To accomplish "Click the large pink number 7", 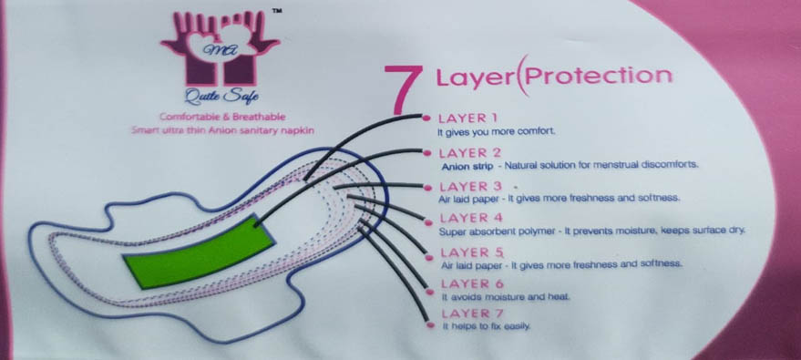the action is coord(403,87).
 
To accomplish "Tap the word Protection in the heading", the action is coord(598,77).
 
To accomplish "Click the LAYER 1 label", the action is coord(467,118).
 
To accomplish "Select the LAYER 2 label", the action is coord(470,152).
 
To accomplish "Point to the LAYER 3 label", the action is coord(470,186).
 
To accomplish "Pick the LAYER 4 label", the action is coord(471,218).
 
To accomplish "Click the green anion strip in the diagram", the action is coord(200,252).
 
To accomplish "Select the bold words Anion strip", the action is coord(467,166).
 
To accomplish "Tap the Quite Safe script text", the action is coord(221,95).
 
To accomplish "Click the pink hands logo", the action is coord(221,47).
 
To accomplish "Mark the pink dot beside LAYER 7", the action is coord(431,324).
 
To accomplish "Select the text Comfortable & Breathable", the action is coord(222,117).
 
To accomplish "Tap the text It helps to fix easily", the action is coord(487,325).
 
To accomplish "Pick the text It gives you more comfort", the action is coord(496,132).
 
